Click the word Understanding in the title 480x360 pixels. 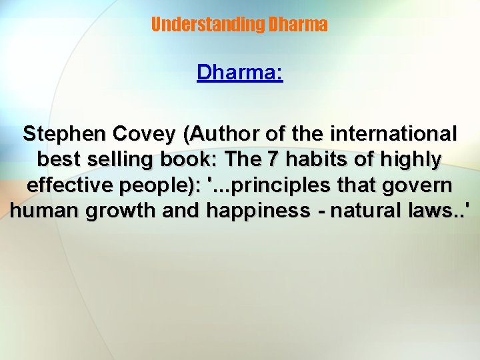click(x=207, y=25)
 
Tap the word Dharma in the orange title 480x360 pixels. click(x=297, y=25)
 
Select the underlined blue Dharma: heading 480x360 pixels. click(x=240, y=72)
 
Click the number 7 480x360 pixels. click(x=273, y=160)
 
